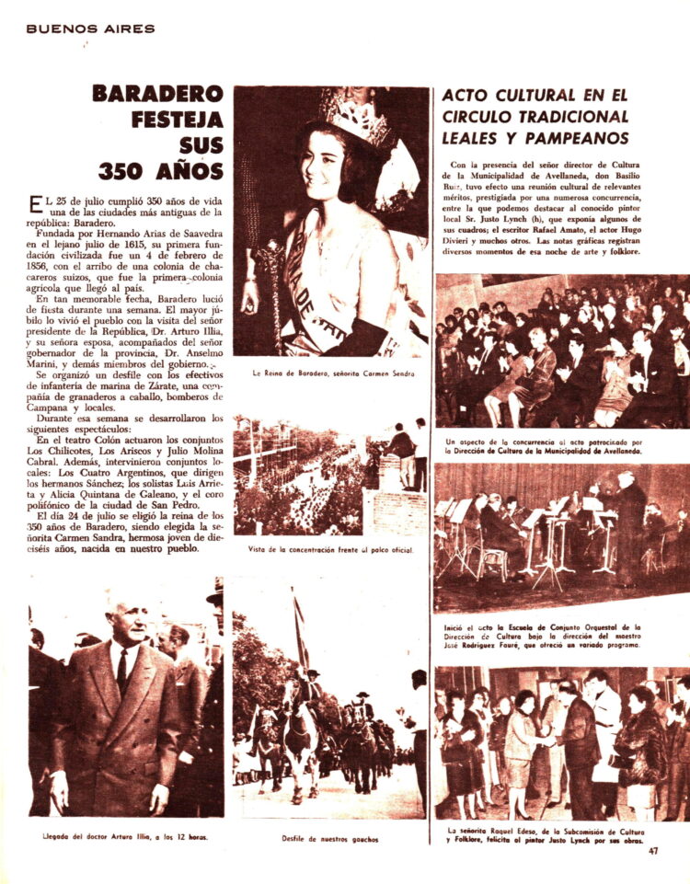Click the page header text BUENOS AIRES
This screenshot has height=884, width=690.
90,29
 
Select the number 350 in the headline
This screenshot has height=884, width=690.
127,171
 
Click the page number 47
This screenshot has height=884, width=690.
653,851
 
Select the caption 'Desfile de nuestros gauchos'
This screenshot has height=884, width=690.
329,838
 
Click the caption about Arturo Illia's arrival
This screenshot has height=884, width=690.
127,838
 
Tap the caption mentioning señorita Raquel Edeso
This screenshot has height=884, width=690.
560,834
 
